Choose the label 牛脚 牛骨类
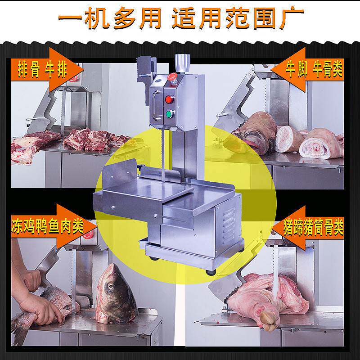[314, 70]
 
